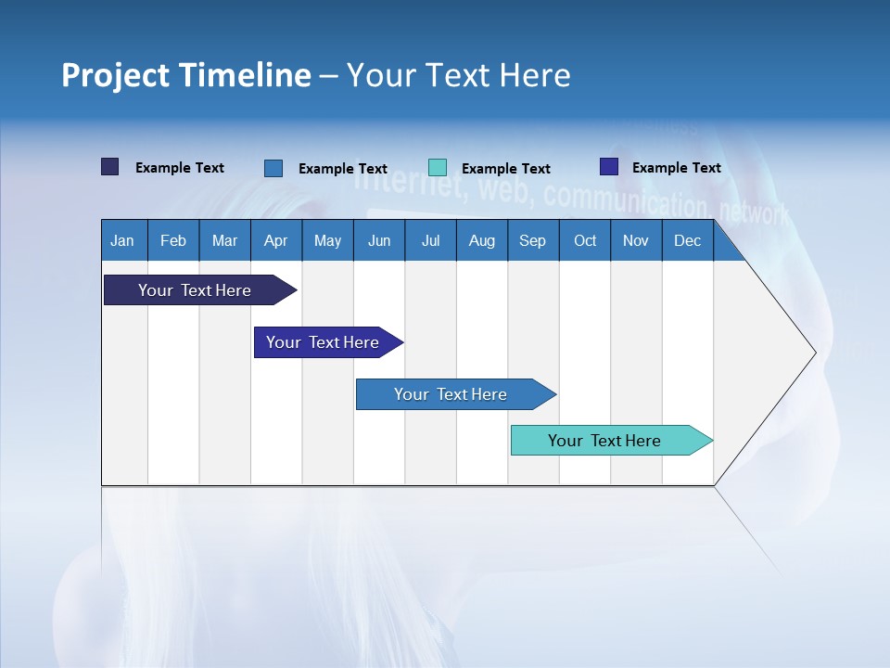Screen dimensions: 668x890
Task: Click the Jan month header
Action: [122, 241]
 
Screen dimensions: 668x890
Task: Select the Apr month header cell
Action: [275, 241]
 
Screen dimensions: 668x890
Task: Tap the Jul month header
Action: [430, 241]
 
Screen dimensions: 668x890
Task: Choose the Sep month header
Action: [532, 241]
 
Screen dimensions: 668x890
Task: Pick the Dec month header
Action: [687, 241]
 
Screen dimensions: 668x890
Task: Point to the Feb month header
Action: [173, 241]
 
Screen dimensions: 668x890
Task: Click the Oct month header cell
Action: [585, 241]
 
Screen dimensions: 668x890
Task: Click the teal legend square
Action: [438, 167]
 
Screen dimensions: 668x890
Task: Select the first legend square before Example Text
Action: [110, 167]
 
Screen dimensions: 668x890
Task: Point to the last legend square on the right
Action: [609, 167]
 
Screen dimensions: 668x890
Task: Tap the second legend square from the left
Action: [273, 168]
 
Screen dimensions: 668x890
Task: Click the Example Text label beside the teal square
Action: [505, 169]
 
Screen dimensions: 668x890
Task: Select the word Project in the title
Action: [115, 75]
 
